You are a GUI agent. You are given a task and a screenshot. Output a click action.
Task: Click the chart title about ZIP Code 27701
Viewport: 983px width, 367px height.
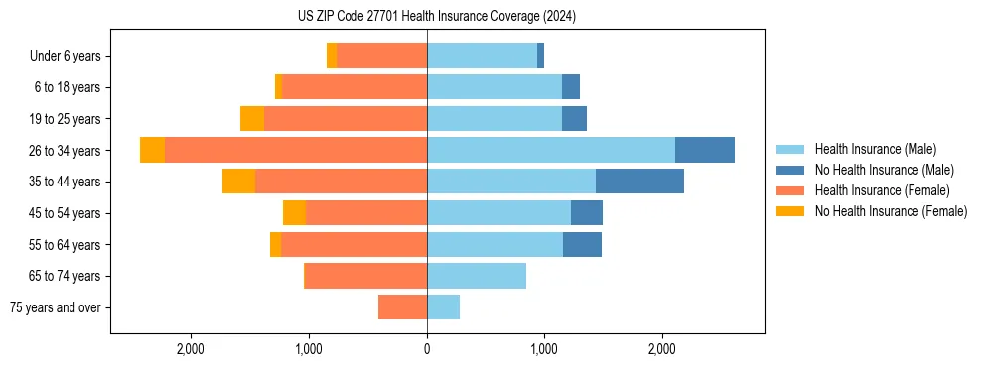pos(436,17)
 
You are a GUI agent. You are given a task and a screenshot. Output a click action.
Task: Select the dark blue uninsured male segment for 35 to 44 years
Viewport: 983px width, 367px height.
pos(639,182)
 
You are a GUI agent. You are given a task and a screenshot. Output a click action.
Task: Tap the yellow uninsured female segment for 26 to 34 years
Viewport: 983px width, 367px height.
pos(152,150)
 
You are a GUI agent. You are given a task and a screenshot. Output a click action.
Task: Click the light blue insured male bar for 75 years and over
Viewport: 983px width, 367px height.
pos(443,307)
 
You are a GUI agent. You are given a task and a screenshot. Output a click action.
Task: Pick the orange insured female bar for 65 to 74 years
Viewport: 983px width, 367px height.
pos(365,276)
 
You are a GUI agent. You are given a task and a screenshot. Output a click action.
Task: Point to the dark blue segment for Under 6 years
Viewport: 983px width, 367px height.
pos(540,56)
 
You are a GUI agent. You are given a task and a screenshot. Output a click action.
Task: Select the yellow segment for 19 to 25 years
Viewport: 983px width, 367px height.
pos(252,119)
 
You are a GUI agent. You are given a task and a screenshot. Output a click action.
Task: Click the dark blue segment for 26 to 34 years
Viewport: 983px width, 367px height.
pos(705,150)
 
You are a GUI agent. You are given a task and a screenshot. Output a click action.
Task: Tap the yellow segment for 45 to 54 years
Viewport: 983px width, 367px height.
pos(294,213)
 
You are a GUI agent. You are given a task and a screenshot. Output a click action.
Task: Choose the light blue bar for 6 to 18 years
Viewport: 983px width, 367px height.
pos(494,87)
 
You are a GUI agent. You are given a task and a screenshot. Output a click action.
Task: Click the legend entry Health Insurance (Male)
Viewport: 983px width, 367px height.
pos(875,149)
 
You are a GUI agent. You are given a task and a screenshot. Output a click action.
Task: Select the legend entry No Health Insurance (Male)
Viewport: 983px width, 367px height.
pos(884,170)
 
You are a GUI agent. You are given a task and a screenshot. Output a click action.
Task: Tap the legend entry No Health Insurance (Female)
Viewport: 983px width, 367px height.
pos(891,211)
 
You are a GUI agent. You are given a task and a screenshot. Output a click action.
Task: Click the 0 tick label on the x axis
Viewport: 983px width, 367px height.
pos(427,349)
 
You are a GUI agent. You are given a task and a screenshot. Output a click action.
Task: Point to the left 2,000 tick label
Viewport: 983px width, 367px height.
pos(190,349)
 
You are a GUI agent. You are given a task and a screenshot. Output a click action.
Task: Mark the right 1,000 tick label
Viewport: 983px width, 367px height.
pos(544,349)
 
